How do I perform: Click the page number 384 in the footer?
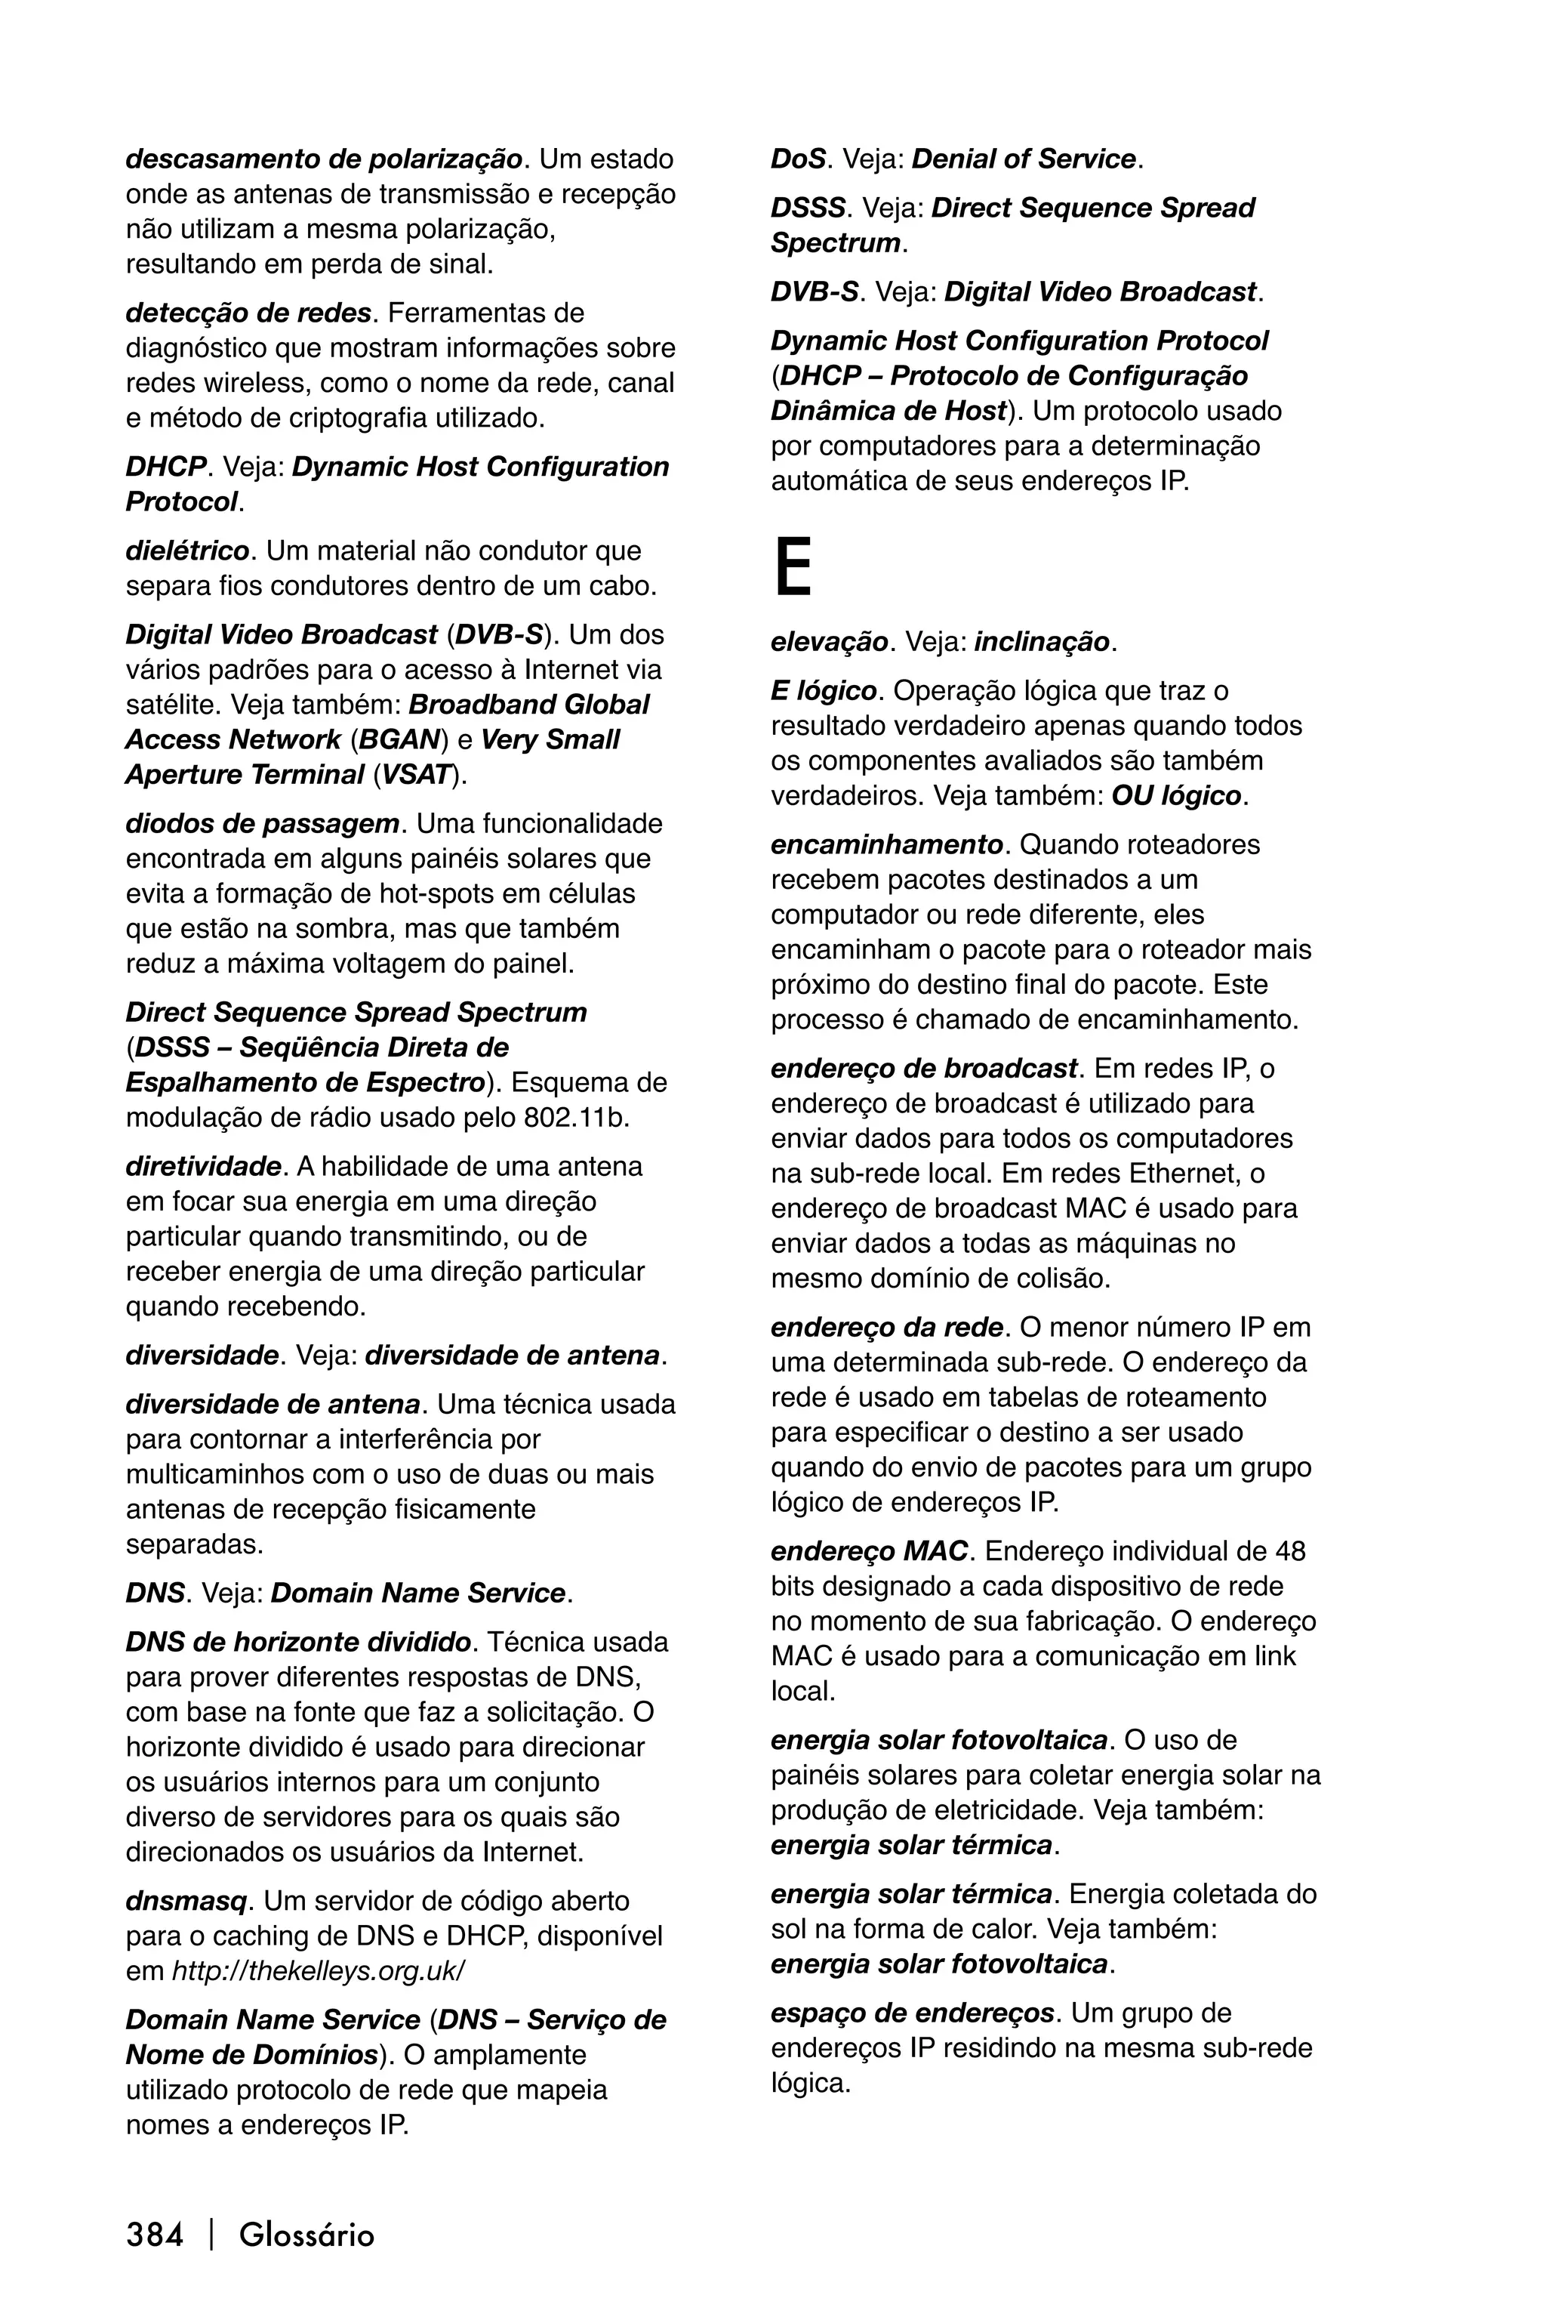point(155,2234)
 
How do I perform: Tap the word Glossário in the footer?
point(306,2234)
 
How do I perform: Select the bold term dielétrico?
point(187,551)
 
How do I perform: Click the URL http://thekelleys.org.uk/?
point(318,1971)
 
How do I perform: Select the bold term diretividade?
point(203,1166)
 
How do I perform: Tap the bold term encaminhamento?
point(886,844)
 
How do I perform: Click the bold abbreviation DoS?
point(796,159)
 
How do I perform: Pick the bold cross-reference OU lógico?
point(1175,795)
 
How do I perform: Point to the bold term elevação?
point(829,642)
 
